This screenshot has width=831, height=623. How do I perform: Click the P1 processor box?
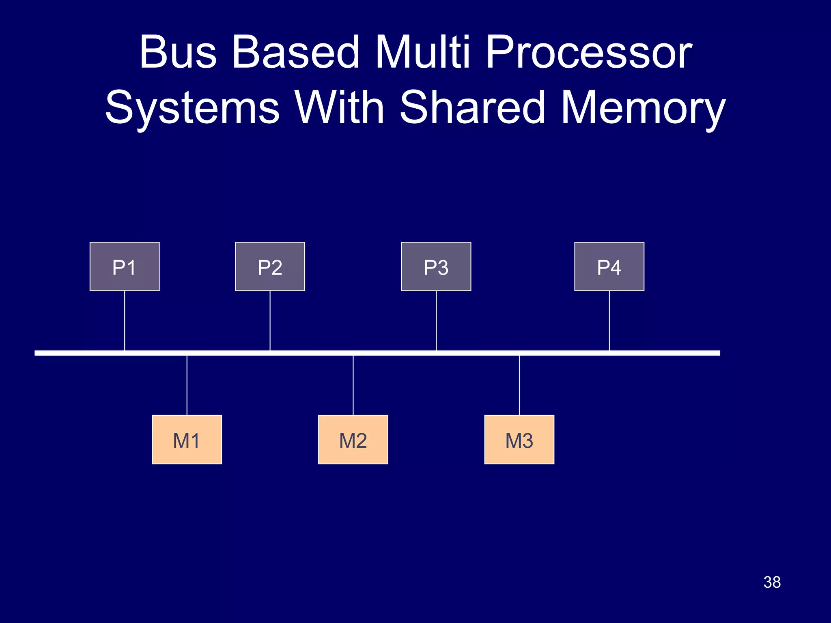(125, 266)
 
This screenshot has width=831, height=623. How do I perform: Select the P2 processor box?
(270, 266)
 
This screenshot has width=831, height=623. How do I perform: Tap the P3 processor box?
(436, 266)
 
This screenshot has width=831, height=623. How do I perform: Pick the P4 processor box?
(609, 266)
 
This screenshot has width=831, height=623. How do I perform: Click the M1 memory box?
(187, 440)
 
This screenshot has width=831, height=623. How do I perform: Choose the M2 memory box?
(353, 440)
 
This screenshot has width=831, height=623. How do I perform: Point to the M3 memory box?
(519, 440)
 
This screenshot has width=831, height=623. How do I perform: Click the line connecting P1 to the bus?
(125, 320)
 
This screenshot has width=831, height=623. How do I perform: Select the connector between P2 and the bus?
(270, 320)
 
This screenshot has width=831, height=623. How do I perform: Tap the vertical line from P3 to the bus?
(436, 320)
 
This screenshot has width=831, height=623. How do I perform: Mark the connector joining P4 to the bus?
(609, 320)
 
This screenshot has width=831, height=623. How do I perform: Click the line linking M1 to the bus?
(187, 385)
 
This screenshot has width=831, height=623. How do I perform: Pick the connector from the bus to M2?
(353, 385)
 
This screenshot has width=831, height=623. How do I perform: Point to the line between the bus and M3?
(519, 385)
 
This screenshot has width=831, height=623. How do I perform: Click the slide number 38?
(772, 582)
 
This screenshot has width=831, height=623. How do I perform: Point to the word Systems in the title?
(193, 108)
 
